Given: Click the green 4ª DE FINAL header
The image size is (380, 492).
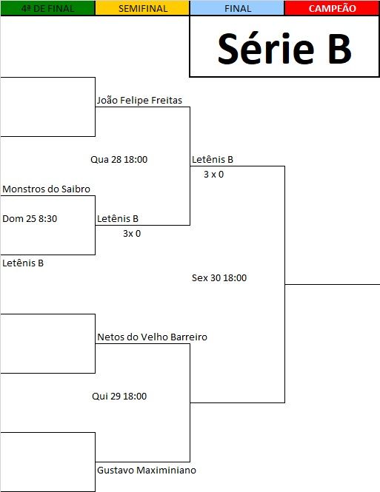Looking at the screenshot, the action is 47,8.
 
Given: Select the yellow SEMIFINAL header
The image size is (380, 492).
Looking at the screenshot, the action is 142,8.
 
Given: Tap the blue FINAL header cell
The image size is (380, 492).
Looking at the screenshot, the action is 238,8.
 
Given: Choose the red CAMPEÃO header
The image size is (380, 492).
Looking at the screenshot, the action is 333,8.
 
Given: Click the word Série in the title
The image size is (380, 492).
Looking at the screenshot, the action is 266,49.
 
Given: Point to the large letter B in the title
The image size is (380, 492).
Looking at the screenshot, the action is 339,49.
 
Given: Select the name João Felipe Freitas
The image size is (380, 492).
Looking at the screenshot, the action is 139,101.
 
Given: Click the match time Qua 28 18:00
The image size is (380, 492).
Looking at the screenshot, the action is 119,159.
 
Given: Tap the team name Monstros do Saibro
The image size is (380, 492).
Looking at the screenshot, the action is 46,189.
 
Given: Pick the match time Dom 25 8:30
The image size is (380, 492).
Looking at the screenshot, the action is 30,218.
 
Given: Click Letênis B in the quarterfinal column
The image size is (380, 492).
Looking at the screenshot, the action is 23,263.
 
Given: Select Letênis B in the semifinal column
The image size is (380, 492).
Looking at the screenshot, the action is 118,218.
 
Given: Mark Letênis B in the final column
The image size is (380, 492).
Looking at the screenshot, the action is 213,159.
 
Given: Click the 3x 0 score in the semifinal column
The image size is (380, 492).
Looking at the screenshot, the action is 132,234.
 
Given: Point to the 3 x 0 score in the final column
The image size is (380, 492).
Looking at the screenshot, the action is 213,174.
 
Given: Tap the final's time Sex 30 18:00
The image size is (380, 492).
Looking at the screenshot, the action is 219,277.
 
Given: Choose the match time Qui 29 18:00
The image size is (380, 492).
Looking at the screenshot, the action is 119,396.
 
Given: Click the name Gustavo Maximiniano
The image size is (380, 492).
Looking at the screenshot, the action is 147,470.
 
